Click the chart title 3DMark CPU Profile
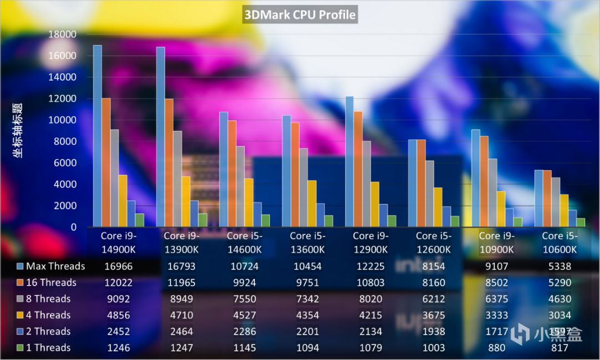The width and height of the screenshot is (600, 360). (300, 14)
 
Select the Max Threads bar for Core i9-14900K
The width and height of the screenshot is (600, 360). (97, 136)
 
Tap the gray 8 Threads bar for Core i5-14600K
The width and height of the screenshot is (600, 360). (241, 186)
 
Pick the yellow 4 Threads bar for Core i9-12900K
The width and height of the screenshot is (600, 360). (375, 204)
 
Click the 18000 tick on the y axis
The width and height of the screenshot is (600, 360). (62, 34)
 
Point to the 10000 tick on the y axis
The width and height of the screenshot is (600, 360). (62, 120)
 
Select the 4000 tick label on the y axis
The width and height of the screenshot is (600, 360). (65, 184)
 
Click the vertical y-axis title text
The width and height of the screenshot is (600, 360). (18, 131)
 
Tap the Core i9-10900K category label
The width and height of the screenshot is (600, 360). (497, 243)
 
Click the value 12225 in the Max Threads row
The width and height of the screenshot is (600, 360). (370, 266)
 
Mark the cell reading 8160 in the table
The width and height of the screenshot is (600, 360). (433, 282)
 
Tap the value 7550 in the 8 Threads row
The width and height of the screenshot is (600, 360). (244, 299)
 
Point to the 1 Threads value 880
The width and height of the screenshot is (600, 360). (497, 348)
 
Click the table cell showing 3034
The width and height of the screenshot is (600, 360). (560, 315)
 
